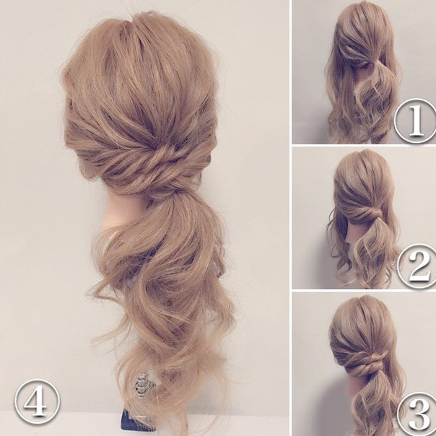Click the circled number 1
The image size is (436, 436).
416,121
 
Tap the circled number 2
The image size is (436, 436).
418,266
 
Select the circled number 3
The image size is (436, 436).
418,414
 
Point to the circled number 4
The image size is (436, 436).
37,401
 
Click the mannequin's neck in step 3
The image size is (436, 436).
354,385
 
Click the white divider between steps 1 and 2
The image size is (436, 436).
364,145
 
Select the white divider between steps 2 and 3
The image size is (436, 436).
364,290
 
